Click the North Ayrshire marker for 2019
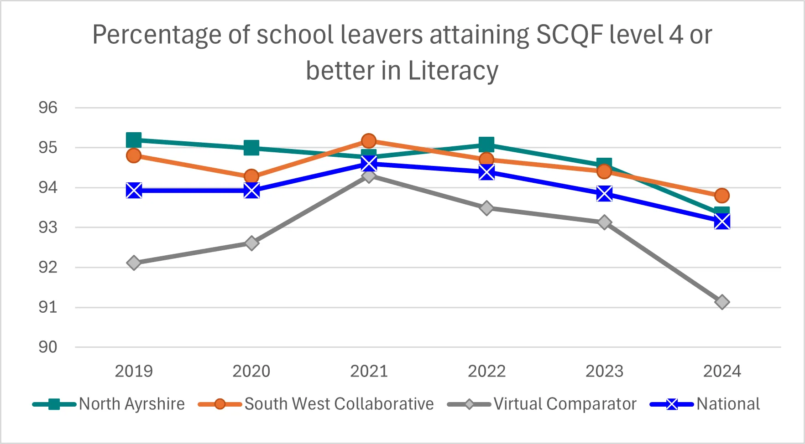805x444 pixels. point(134,140)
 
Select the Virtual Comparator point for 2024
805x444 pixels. point(722,302)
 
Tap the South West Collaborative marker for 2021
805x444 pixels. point(369,141)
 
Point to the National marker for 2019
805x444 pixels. point(134,191)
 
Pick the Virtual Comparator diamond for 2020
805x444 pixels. point(251,243)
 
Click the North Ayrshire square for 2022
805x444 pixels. point(486,145)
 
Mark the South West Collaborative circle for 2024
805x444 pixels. point(722,196)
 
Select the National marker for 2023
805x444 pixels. point(604,194)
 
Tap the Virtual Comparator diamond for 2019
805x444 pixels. point(134,263)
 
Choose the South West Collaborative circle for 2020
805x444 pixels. point(251,176)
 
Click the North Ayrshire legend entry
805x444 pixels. point(109,404)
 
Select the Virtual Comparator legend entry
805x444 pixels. point(542,404)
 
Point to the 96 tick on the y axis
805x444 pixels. point(48,108)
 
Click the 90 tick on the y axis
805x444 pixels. point(48,347)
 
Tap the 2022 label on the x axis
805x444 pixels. point(486,372)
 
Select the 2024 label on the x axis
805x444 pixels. point(722,372)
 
